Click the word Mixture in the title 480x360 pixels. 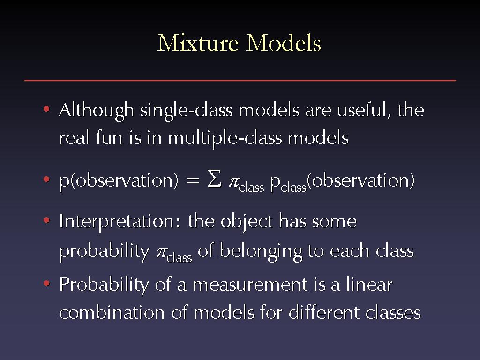(x=198, y=43)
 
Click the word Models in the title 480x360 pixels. (x=284, y=43)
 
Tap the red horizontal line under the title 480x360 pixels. (x=240, y=80)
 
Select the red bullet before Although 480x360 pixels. (x=46, y=109)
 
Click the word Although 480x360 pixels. (x=97, y=111)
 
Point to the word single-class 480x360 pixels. (x=187, y=111)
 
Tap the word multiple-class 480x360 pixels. (x=225, y=138)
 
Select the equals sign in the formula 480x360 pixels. (x=193, y=180)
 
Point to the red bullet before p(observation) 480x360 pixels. (x=46, y=180)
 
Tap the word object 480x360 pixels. (x=247, y=222)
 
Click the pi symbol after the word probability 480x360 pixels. (x=162, y=253)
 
